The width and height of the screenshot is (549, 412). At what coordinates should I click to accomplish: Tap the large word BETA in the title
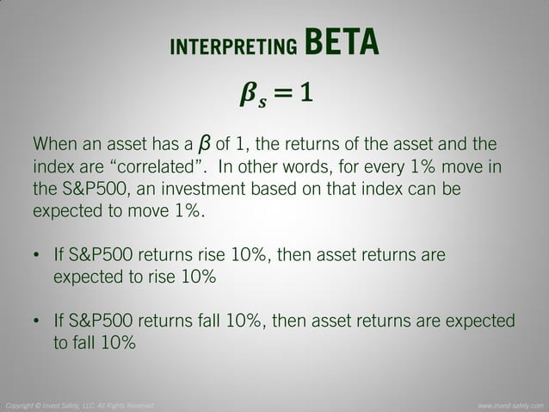coord(342,41)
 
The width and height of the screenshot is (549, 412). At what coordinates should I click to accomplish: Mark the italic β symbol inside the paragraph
coord(204,141)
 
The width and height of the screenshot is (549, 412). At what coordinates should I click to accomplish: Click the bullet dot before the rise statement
coord(36,258)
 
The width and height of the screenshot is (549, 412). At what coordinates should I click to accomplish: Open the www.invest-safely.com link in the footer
coord(511,405)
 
